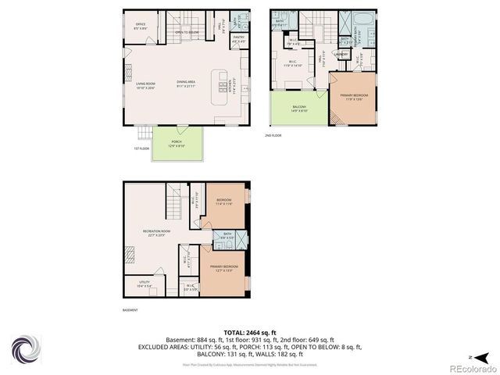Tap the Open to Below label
click(187, 32)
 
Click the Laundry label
click(341, 53)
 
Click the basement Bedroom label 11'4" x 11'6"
click(223, 202)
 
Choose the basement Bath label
click(227, 235)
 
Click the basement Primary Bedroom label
click(223, 268)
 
